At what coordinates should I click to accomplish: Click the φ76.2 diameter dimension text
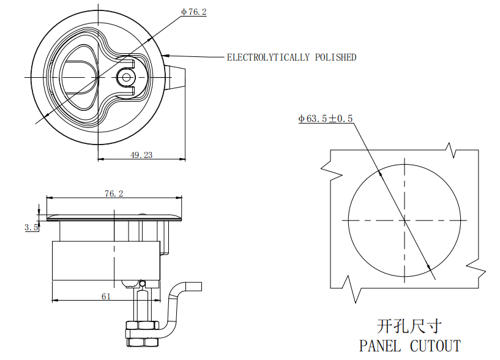pyautogui.click(x=194, y=12)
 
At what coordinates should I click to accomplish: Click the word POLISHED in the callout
pyautogui.click(x=335, y=58)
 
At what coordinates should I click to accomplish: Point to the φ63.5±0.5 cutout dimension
pyautogui.click(x=326, y=119)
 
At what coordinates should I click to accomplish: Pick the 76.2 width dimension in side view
pyautogui.click(x=114, y=193)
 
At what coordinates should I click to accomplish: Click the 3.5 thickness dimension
pyautogui.click(x=31, y=228)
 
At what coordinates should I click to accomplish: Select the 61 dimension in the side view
pyautogui.click(x=106, y=296)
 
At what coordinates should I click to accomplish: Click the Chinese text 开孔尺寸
pyautogui.click(x=409, y=326)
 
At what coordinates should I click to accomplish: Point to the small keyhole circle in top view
pyautogui.click(x=127, y=77)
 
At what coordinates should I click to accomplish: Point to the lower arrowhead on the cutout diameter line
pyautogui.click(x=429, y=267)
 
